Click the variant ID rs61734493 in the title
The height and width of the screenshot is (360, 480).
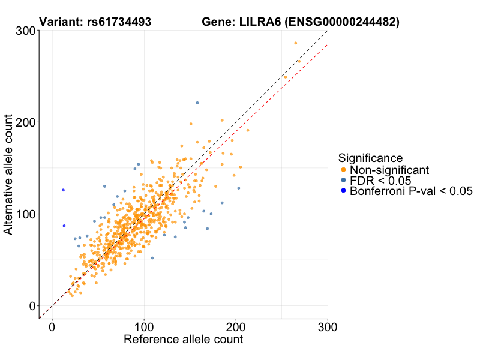point(117,22)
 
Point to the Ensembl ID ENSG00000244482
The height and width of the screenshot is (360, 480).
point(342,22)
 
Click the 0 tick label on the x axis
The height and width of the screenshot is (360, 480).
point(52,327)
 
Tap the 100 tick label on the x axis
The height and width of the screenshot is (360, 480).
point(144,327)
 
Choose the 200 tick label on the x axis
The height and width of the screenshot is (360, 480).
point(236,327)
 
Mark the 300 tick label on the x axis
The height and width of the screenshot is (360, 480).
point(327,327)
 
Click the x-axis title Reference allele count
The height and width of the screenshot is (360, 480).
point(183,340)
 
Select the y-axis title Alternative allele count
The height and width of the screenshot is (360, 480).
point(9,174)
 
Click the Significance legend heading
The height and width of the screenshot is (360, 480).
point(370,158)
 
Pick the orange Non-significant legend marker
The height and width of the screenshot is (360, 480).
point(343,170)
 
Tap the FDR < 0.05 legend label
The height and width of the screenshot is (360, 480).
point(380,181)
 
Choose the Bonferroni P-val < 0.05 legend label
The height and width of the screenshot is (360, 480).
point(412,191)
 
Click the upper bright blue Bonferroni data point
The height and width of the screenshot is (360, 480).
point(63,190)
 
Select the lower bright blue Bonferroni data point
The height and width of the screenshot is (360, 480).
point(64,226)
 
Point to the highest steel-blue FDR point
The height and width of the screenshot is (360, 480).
point(197,103)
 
